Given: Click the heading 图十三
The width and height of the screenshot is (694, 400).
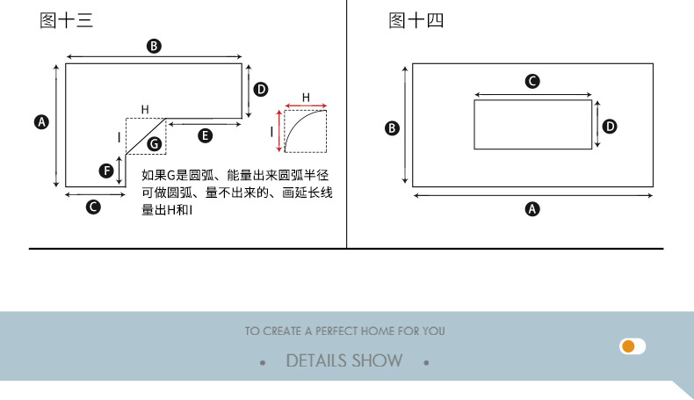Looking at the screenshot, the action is tap(66, 21).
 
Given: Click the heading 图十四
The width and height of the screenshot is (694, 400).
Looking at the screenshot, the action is tap(416, 21).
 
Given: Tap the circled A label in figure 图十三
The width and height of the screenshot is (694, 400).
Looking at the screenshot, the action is tap(40, 122).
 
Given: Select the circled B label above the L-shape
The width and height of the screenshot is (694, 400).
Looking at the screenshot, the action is tap(154, 46).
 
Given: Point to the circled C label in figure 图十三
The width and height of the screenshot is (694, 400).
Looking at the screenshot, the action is tap(93, 207).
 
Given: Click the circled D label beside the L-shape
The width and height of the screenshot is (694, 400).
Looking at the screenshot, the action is tap(261, 89).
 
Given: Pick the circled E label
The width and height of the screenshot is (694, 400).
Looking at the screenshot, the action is tap(205, 135).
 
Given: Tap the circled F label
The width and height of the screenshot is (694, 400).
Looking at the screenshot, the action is tap(105, 171).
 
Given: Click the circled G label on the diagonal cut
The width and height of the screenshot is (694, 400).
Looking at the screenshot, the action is tap(154, 143).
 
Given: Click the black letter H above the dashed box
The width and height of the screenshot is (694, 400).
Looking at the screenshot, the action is tap(145, 110).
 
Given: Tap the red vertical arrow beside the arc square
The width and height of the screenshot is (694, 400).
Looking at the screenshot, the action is tap(279, 132).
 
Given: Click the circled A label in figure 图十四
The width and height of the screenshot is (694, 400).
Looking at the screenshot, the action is tap(532, 209).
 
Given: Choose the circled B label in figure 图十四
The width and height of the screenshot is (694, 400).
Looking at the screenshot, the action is tap(393, 128).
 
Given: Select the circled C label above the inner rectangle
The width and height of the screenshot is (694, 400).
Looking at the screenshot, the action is tap(532, 82).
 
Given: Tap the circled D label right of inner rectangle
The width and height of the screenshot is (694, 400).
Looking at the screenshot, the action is tap(610, 127).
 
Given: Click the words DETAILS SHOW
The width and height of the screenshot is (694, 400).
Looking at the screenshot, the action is tap(344, 360).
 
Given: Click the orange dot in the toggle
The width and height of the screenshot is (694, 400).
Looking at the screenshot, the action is tap(628, 346).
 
